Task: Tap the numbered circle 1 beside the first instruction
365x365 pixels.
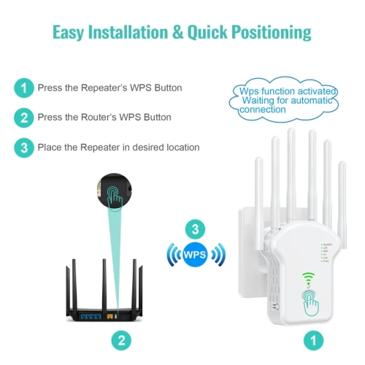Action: click(24, 88)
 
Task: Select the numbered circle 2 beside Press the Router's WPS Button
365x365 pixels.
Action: click(24, 118)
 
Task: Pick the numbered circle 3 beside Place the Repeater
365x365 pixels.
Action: click(24, 147)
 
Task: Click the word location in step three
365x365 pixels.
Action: click(180, 147)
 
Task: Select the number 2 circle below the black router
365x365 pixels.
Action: click(122, 339)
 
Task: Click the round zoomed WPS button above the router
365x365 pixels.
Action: click(115, 191)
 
